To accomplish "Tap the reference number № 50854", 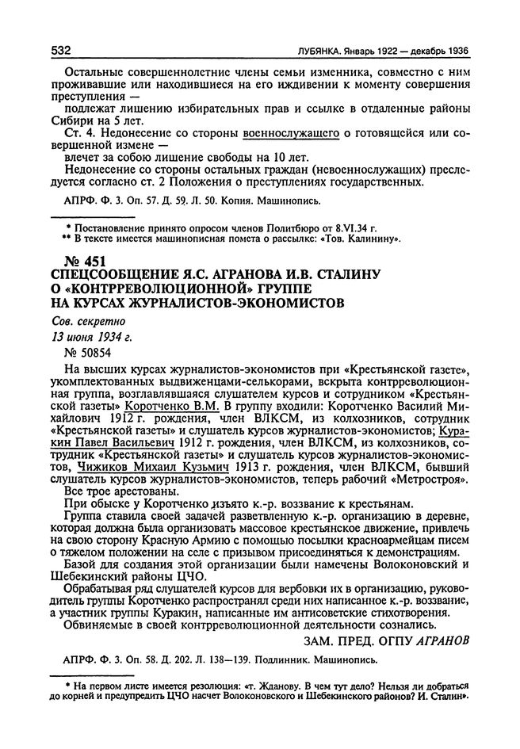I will [x=86, y=352].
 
